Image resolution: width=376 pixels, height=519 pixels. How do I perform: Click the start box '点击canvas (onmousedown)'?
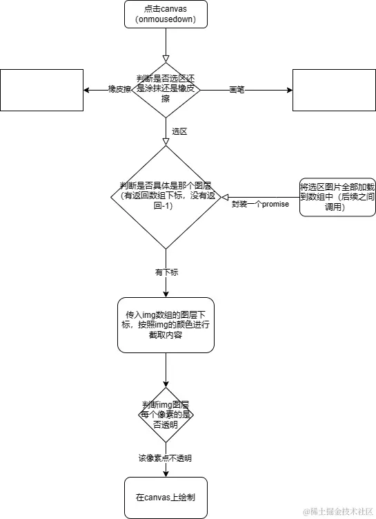[x=166, y=15]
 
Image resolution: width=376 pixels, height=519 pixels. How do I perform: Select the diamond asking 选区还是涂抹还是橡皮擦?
[x=166, y=90]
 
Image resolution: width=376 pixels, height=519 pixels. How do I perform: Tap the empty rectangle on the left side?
[x=41, y=90]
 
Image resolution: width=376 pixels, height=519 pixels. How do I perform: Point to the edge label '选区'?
[x=179, y=131]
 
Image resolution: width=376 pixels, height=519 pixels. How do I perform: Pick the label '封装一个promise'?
[x=260, y=205]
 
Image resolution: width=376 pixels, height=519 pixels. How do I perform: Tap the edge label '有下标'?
[x=166, y=272]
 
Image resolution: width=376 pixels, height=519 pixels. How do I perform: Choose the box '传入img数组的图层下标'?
[x=166, y=323]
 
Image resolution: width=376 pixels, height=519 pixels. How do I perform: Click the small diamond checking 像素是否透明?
[x=166, y=415]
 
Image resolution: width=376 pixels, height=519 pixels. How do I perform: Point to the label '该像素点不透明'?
[x=165, y=458]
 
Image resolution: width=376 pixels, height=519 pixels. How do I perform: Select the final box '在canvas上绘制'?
[x=166, y=498]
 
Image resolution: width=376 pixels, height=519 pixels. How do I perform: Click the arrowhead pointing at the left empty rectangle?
[x=87, y=90]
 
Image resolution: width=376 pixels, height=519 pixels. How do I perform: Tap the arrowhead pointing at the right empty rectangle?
[x=288, y=90]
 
